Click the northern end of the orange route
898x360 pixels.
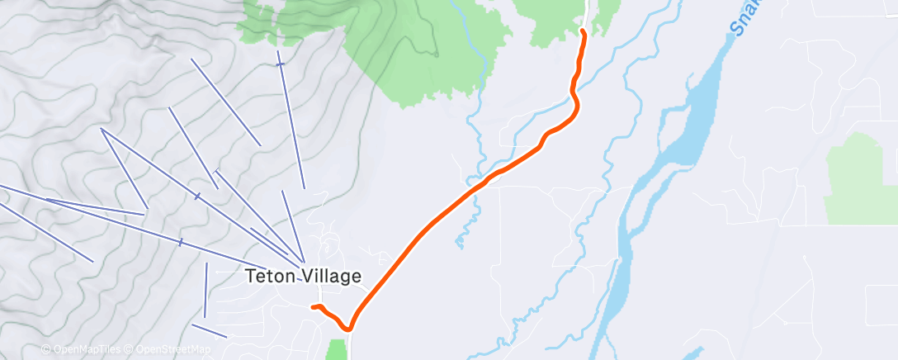coord(583,31)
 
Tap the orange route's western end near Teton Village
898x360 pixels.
coord(313,307)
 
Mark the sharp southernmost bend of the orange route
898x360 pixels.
coord(350,327)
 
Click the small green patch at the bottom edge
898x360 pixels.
coord(337,348)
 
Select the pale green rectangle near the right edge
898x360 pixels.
coord(858,178)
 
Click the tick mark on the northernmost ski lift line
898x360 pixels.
coord(281,63)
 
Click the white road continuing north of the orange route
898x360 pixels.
coord(587,12)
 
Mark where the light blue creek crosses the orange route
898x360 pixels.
coord(477,189)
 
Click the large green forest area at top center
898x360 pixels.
coord(396,50)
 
